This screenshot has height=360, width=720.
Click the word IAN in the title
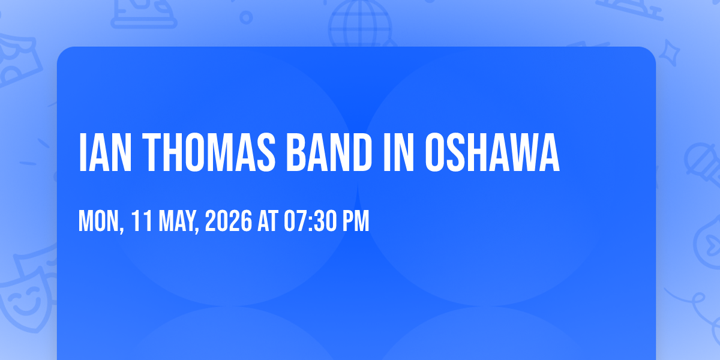(105, 152)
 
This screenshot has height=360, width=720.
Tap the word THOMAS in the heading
(209, 152)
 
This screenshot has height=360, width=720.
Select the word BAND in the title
(329, 152)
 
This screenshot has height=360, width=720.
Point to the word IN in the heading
(398, 152)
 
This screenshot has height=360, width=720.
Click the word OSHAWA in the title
(493, 152)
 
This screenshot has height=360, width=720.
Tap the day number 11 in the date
(142, 221)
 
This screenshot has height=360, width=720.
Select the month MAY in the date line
(179, 221)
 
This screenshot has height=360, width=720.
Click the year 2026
(229, 221)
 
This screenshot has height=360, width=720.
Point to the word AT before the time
(268, 221)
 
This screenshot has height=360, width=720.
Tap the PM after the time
(355, 221)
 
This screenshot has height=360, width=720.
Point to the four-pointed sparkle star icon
(669, 53)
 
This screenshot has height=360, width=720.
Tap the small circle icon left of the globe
(246, 17)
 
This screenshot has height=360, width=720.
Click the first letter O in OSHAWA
(436, 152)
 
